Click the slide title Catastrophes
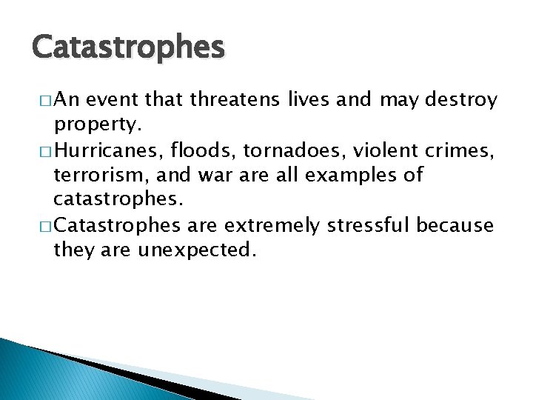[127, 48]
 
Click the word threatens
[230, 100]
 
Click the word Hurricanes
[105, 151]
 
